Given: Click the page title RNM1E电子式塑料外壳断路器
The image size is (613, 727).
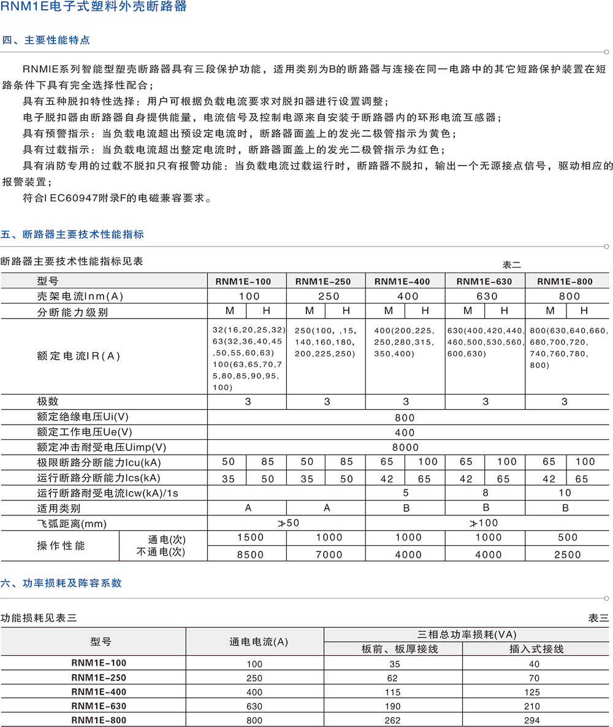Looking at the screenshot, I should coord(94,8).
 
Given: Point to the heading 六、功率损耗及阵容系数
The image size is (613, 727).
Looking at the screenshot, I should coord(61,583).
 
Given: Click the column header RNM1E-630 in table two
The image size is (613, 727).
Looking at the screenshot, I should coord(484,282).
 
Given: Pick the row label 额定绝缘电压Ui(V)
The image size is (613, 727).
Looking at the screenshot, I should coord(83,418).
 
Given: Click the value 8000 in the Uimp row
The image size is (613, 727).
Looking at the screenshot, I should coord(405,448).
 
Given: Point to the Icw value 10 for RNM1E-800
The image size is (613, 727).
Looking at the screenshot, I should coord(565,493).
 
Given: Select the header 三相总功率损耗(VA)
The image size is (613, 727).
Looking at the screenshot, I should coord(466,634).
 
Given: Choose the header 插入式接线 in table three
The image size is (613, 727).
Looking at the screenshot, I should coord(536,648).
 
